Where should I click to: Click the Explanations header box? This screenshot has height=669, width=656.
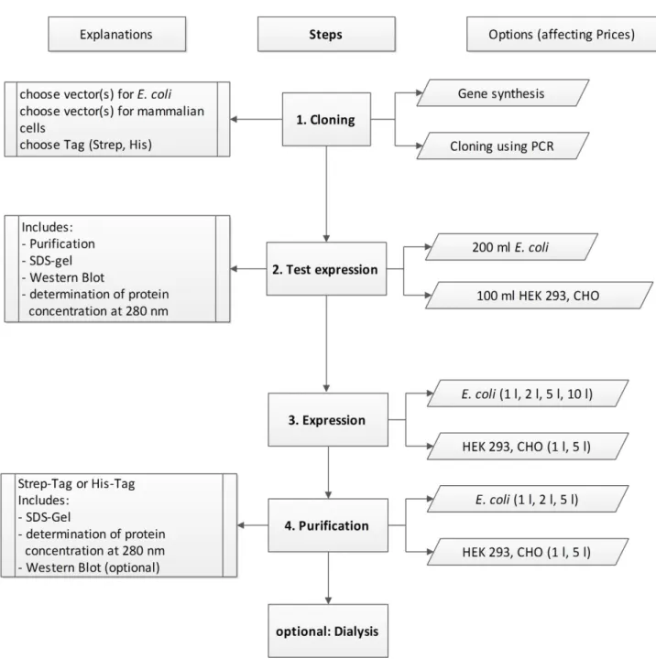point(116,34)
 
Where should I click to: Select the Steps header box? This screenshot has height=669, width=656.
point(326,34)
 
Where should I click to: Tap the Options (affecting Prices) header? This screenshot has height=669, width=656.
point(562,34)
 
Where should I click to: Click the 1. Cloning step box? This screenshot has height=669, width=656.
point(326,120)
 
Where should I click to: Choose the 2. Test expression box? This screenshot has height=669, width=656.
point(326,269)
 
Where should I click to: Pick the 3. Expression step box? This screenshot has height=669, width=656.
point(328,420)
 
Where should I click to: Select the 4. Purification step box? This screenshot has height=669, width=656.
point(328,525)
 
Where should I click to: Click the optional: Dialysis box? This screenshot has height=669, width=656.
point(328,631)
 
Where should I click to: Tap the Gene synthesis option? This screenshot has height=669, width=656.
point(503,93)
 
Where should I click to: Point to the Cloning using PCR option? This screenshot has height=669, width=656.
point(503,146)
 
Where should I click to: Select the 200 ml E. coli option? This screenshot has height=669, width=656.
point(511,247)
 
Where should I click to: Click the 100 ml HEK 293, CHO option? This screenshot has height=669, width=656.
point(539,296)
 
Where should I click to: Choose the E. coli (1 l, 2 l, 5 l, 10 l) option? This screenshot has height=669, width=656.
point(528,394)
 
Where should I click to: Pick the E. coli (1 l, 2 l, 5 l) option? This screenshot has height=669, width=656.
point(528,499)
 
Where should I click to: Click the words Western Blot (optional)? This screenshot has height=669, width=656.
point(93,567)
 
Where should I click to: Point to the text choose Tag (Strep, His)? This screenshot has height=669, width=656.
point(85,145)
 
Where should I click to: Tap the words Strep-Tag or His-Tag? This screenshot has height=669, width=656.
point(76,484)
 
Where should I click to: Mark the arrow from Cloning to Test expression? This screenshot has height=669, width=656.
point(326,194)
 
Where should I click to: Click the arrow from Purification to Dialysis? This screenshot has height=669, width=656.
point(328,578)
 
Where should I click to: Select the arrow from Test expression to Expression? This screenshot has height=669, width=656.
point(326,344)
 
